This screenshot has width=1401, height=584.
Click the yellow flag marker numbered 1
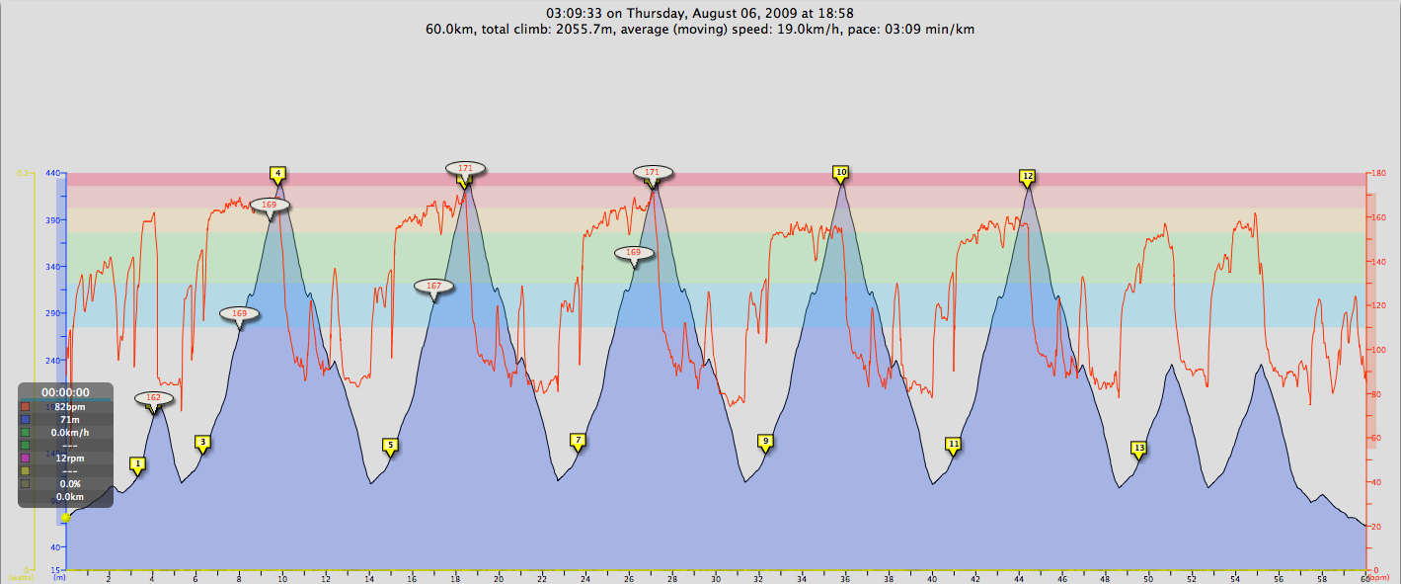pyautogui.click(x=138, y=462)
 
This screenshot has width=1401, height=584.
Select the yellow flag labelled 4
pyautogui.click(x=278, y=173)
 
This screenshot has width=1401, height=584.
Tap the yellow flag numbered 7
pyautogui.click(x=578, y=440)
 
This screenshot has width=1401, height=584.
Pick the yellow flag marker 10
pyautogui.click(x=841, y=172)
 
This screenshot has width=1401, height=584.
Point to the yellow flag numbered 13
pyautogui.click(x=1139, y=448)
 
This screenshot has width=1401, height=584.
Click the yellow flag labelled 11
pyautogui.click(x=953, y=444)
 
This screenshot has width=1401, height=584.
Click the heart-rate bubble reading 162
pyautogui.click(x=153, y=398)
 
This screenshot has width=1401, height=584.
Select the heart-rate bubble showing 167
pyautogui.click(x=433, y=286)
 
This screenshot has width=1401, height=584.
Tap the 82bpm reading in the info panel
pyautogui.click(x=70, y=406)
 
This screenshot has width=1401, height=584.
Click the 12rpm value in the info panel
pyautogui.click(x=70, y=458)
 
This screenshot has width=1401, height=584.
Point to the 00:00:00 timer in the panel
pyautogui.click(x=65, y=392)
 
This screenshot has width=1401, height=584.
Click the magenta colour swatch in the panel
pyautogui.click(x=25, y=458)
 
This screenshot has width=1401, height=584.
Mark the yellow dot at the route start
pyautogui.click(x=65, y=517)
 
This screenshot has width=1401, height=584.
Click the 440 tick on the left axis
pyautogui.click(x=53, y=173)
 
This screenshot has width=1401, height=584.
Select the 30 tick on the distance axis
pyautogui.click(x=715, y=577)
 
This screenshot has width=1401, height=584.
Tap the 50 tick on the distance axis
pyautogui.click(x=1148, y=577)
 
